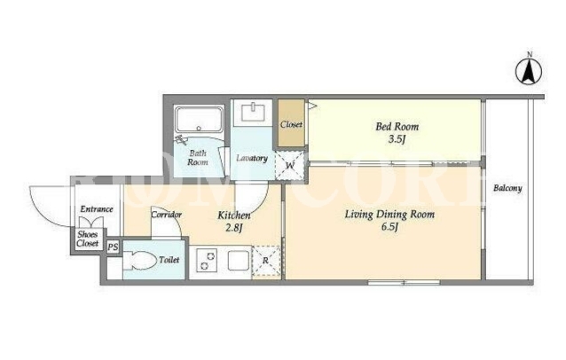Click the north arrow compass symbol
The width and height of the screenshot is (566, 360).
coord(529,71)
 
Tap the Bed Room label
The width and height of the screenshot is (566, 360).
coord(397,127)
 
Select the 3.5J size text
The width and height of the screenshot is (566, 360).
coord(397,139)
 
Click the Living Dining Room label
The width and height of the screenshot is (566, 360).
coord(389,215)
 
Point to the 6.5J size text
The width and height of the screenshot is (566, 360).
coord(389,227)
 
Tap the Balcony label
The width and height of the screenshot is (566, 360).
coord(507,188)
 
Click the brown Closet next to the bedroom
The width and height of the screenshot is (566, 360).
coord(291,123)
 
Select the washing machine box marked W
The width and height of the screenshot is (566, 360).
coord(289,166)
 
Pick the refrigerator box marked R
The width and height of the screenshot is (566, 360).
coord(266,261)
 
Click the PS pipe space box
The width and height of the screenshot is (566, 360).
coord(113,247)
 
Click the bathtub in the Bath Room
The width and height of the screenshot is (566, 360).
coord(199,120)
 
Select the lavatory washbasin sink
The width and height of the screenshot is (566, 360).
coord(253,112)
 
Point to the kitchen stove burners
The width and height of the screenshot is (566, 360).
coord(207,261)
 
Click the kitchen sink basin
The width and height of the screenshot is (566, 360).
coord(239,261)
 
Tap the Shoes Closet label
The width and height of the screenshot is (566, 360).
coord(87,239)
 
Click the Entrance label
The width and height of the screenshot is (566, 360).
coord(97,209)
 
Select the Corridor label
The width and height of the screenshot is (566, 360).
coord(166,215)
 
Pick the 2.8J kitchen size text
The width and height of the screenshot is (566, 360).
coord(233,229)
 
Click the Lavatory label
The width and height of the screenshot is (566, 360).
coord(252,158)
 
